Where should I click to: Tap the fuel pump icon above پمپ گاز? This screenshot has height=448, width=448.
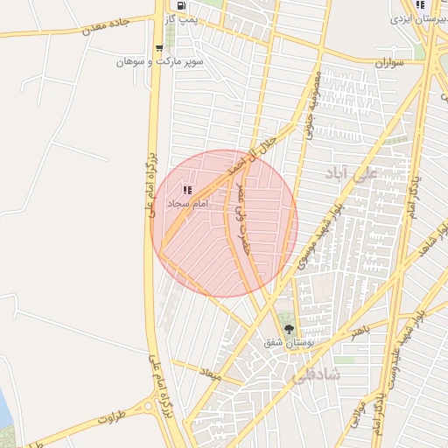[180, 4]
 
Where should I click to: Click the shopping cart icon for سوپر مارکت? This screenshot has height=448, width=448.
[158, 48]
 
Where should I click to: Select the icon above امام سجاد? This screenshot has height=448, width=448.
[186, 189]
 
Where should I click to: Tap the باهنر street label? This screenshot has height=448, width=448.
[360, 331]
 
